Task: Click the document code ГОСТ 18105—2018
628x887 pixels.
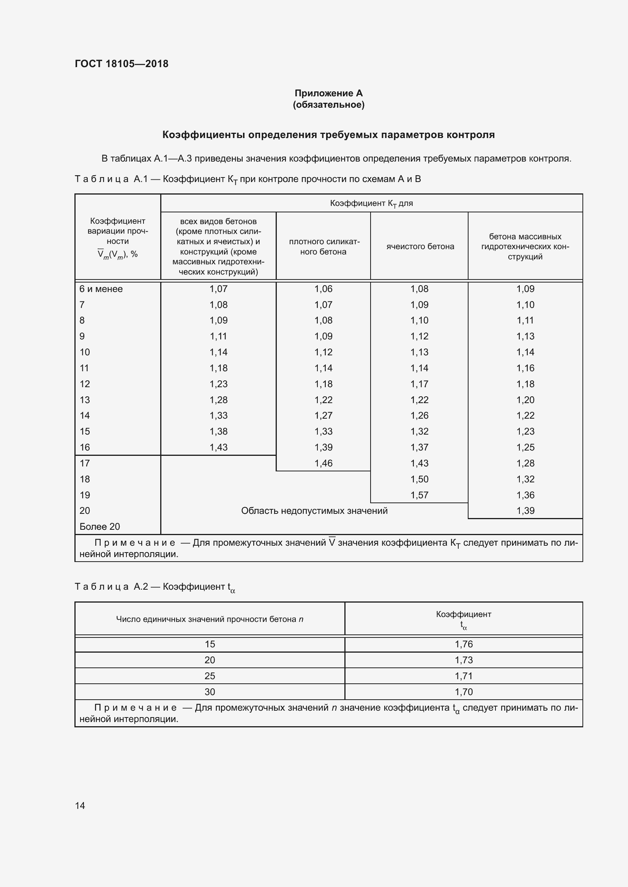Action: [121, 64]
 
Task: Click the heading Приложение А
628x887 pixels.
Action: [328, 93]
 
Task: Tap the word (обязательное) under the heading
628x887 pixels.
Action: [328, 105]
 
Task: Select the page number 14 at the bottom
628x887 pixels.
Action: [80, 805]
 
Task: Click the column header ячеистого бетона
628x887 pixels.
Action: [420, 246]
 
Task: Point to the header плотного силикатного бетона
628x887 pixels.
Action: [323, 246]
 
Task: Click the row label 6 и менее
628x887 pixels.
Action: [101, 289]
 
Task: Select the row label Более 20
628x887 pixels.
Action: [100, 527]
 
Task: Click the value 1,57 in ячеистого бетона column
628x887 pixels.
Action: [419, 495]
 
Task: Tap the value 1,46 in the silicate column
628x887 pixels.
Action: [323, 463]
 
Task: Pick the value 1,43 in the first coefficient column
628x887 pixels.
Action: [218, 447]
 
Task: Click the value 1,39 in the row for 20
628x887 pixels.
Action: [525, 511]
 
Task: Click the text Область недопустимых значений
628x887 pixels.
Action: [314, 511]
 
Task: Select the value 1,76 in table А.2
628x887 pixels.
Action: [464, 644]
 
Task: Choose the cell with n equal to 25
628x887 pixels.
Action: [210, 676]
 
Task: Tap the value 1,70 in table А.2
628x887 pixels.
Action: [464, 692]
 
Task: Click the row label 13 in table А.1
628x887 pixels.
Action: [85, 400]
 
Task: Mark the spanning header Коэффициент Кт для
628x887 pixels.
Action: [371, 203]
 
